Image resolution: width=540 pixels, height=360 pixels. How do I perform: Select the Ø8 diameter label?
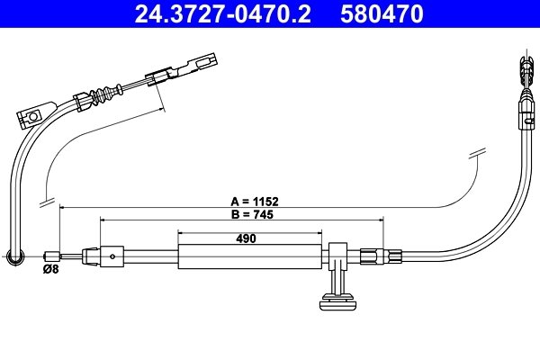click(50, 269)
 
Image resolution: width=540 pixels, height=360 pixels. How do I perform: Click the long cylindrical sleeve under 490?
click(249, 256)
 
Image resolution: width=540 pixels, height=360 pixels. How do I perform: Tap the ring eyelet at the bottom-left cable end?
click(14, 258)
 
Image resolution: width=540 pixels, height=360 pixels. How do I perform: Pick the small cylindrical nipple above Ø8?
click(52, 256)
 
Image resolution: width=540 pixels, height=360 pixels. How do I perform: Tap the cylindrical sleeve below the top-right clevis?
click(525, 113)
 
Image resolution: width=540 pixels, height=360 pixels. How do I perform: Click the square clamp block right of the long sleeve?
click(338, 252)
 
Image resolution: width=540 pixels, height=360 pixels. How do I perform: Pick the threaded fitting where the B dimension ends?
click(375, 256)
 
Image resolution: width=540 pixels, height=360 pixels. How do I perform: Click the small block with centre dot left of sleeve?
click(112, 256)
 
